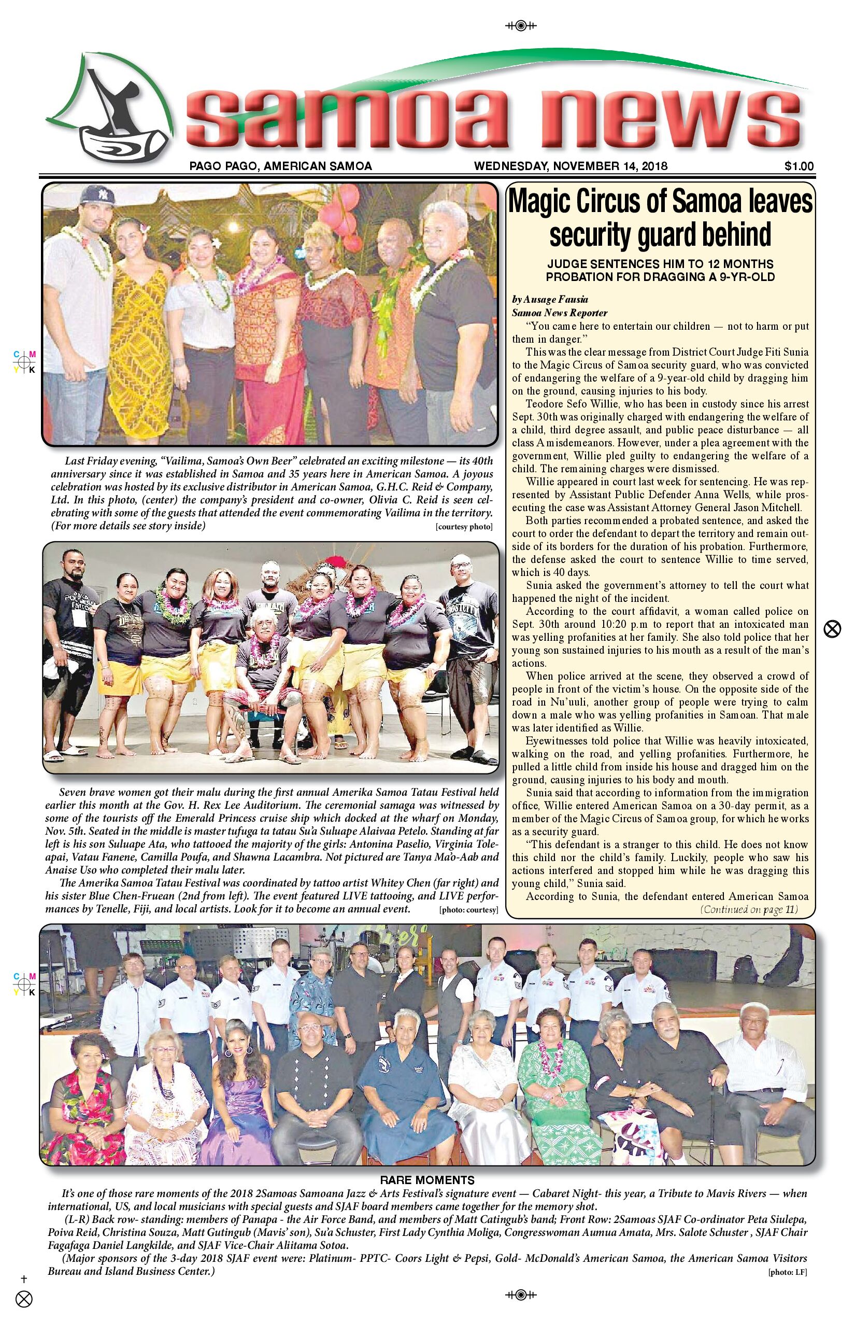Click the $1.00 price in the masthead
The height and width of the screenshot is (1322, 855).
point(799,165)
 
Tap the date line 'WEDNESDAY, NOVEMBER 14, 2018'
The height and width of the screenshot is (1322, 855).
point(571,165)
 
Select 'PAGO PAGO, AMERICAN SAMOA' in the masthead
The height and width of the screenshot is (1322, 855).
point(280,165)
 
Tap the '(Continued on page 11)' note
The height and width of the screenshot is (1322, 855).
point(749,909)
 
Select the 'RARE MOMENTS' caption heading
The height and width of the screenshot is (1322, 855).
point(427,1180)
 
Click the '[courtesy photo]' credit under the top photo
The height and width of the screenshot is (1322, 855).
point(464,527)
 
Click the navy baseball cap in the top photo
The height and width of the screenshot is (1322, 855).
point(98,195)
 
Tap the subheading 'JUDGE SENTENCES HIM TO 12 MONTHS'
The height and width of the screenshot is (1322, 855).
point(660,263)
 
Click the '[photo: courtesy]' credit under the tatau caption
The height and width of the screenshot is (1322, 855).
point(468,910)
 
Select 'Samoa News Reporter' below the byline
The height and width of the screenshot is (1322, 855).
point(560,313)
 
